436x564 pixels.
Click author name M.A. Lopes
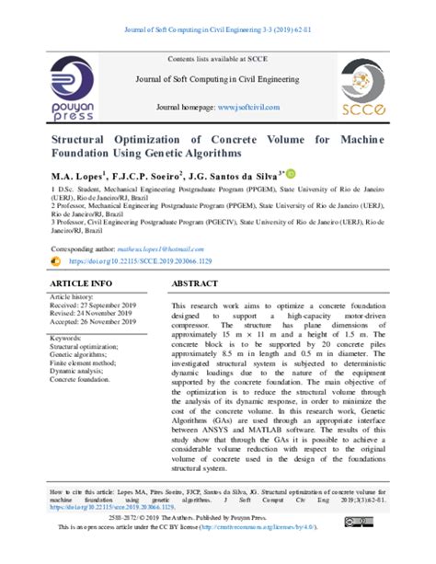click(x=78, y=175)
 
